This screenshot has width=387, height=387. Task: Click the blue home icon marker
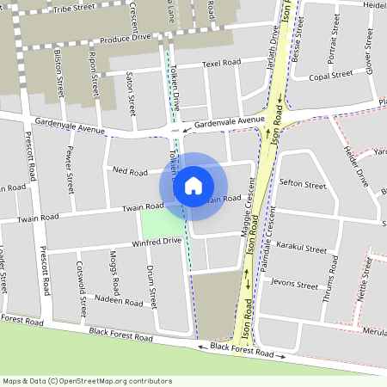[x=193, y=185]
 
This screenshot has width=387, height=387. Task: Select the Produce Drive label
[x=125, y=38]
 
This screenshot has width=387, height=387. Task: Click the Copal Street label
[x=331, y=76]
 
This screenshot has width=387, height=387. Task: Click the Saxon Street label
[x=131, y=93]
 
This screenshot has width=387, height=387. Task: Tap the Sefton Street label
[x=303, y=184]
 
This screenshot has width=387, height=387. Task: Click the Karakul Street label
[x=303, y=249]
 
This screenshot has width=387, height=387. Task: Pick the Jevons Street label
[x=293, y=281]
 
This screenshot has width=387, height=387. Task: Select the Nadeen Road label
[x=118, y=302]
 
